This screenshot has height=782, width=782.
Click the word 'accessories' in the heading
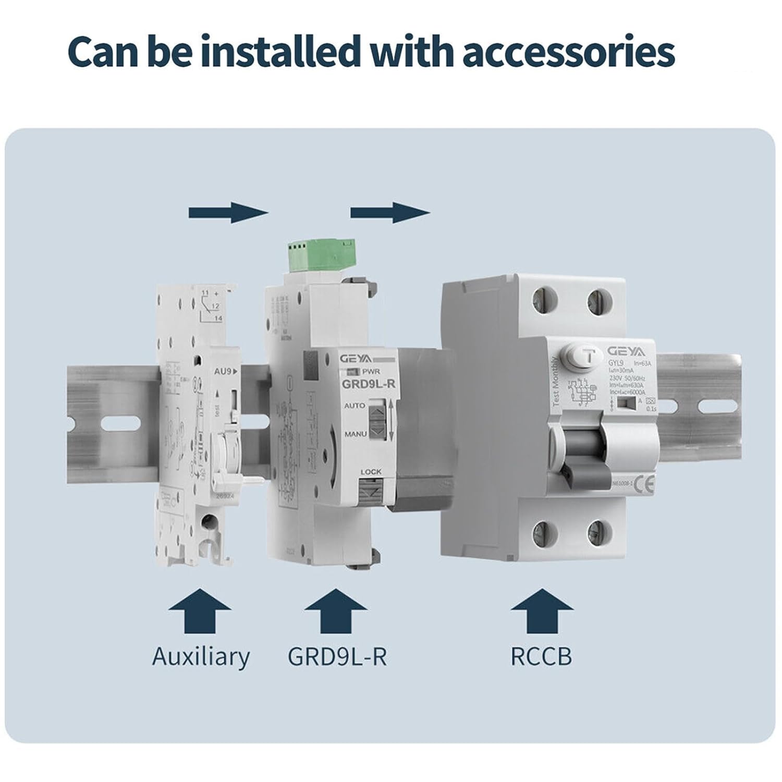[x=568, y=52]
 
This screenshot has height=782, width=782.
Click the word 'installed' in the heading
[x=278, y=52]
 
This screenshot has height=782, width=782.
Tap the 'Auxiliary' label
[x=201, y=656]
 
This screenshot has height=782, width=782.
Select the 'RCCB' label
[x=541, y=656]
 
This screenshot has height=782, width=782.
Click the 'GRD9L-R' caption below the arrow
[x=337, y=656]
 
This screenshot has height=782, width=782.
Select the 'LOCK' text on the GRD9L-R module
[x=371, y=472]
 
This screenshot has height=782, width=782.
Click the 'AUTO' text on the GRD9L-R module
[x=355, y=406]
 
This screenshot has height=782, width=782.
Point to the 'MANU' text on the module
[x=355, y=434]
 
